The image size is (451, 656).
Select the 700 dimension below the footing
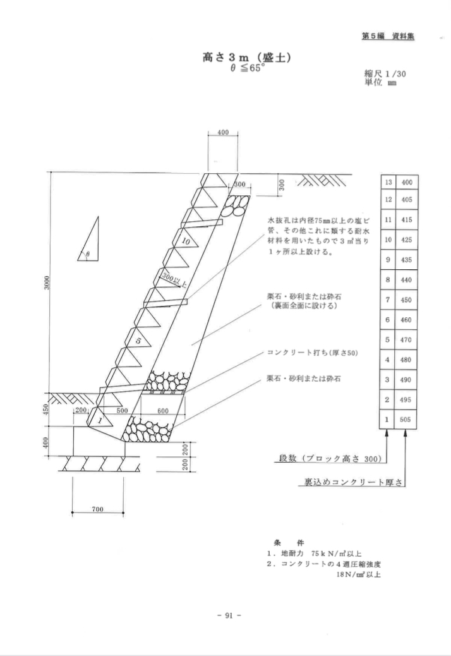(98, 510)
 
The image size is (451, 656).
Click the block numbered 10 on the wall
(185, 241)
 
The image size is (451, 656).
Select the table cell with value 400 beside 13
(406, 183)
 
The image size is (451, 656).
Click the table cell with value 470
(406, 340)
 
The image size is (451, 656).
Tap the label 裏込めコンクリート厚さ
(347, 483)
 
